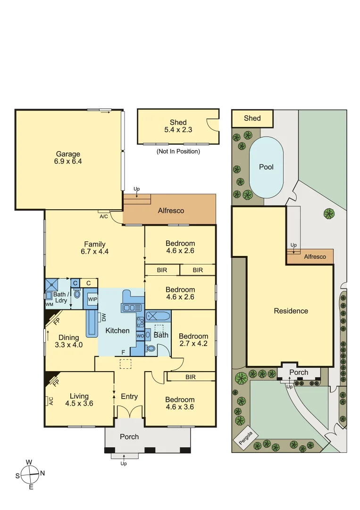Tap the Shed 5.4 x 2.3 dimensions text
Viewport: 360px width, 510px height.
[x=178, y=129]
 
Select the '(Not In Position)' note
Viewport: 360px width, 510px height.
[x=178, y=152]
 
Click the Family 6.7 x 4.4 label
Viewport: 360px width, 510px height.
[x=95, y=248]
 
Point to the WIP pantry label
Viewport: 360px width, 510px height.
[x=92, y=299]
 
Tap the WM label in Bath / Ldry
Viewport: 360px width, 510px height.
[x=50, y=305]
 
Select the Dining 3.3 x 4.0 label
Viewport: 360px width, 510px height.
[x=69, y=341]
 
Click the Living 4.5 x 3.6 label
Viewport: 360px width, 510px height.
[x=79, y=400]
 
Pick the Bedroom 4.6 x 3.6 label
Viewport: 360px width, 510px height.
[x=180, y=403]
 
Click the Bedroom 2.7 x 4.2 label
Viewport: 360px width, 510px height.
[x=193, y=340]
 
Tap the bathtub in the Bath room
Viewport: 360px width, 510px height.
[x=158, y=316]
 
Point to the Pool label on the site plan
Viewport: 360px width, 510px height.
[x=266, y=167]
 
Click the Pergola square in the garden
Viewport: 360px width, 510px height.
[x=246, y=439]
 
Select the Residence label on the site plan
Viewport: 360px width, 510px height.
[x=291, y=311]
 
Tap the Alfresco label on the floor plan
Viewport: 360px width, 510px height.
[x=171, y=211]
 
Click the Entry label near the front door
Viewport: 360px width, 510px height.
[x=129, y=396]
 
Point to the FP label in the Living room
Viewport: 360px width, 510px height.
[x=56, y=382]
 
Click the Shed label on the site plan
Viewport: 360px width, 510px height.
[x=252, y=118]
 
